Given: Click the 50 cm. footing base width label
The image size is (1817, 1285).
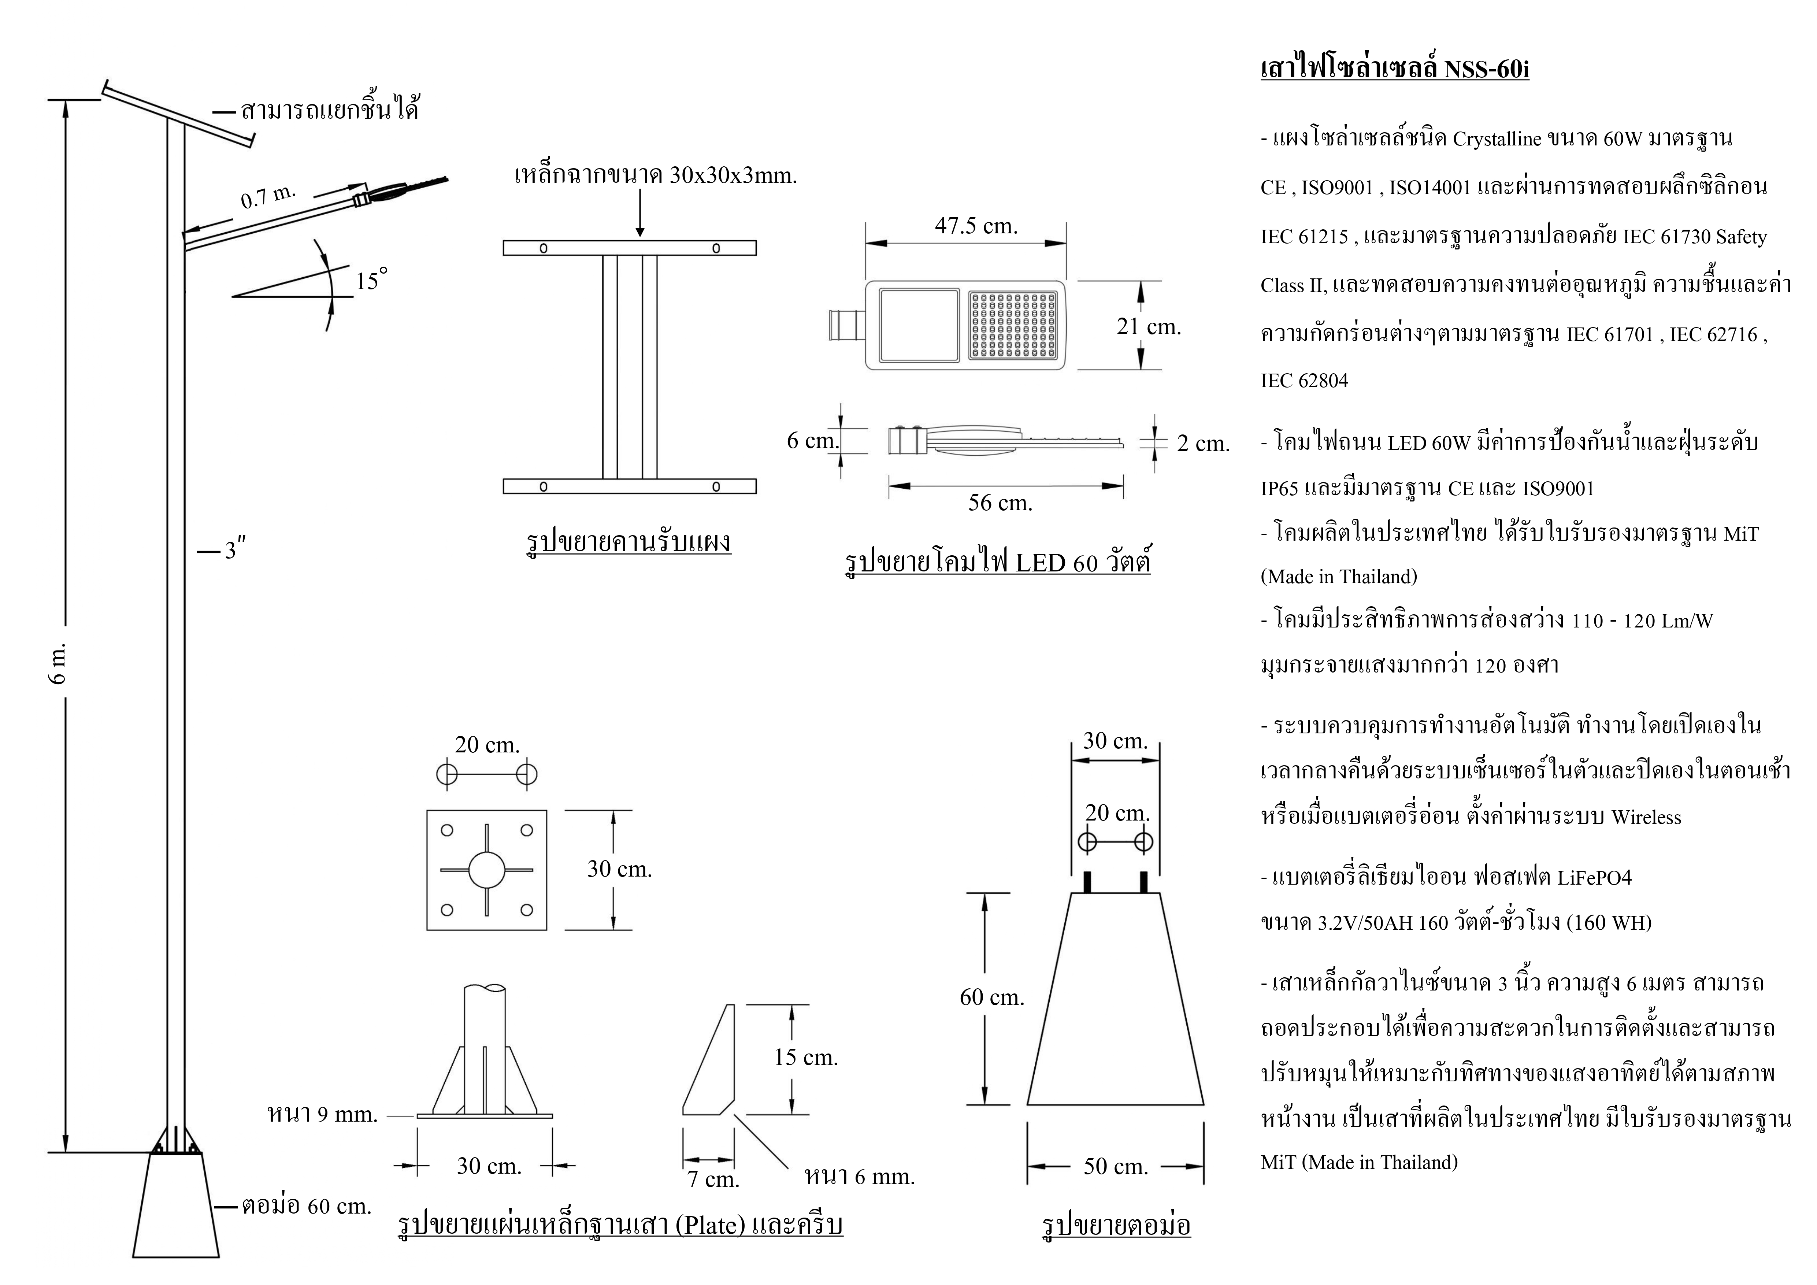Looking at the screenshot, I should [x=1115, y=1166].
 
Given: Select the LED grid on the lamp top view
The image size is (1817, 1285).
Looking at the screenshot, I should [x=1013, y=325].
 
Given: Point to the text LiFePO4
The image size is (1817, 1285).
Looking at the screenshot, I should [x=1594, y=878].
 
